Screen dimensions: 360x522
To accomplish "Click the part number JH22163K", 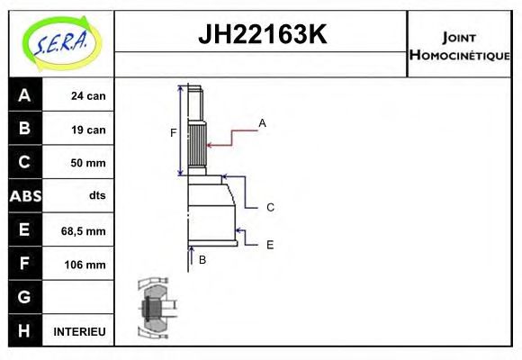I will [262, 35].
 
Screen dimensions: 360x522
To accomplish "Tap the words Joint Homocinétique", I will [459, 45].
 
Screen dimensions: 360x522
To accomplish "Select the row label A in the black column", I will [24, 95].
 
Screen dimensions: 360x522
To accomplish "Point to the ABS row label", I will [24, 196].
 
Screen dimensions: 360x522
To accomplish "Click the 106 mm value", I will [87, 265].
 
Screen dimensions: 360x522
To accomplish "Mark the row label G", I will [24, 297].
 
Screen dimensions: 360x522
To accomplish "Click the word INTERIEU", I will [79, 331].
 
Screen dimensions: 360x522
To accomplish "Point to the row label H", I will [24, 330].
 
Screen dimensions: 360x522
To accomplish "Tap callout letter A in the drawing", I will [262, 122].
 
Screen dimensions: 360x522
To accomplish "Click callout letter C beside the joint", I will [270, 207].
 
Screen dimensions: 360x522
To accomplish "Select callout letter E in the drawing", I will [270, 244].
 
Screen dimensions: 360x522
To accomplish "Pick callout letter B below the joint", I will [202, 259].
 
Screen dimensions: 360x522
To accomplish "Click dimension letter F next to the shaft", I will [174, 133].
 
